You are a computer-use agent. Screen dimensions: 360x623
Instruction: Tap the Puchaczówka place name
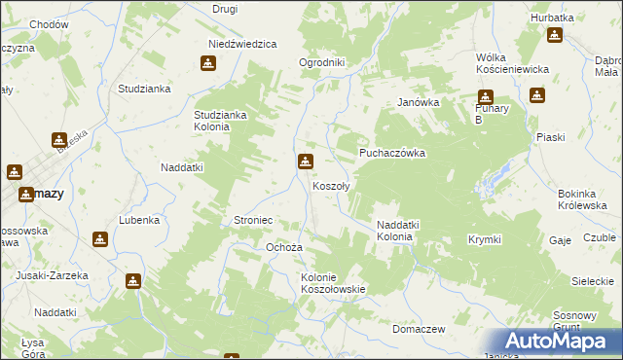click(x=392, y=153)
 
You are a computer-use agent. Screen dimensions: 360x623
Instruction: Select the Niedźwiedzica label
click(x=243, y=44)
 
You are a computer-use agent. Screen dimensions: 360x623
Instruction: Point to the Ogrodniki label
click(x=322, y=63)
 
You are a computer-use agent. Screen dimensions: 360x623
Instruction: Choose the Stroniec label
click(x=253, y=221)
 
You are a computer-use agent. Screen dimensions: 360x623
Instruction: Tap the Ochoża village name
click(x=285, y=247)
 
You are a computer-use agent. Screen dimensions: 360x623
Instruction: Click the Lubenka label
click(x=139, y=220)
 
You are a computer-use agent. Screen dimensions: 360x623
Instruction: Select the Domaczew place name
click(x=419, y=329)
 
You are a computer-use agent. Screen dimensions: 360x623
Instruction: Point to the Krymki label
click(x=484, y=238)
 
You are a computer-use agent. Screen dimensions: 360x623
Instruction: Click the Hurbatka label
click(x=553, y=18)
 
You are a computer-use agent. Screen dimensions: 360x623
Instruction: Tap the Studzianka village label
click(x=144, y=89)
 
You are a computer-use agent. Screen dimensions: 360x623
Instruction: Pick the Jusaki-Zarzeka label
click(x=52, y=275)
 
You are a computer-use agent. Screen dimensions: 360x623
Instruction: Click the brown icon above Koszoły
click(x=306, y=162)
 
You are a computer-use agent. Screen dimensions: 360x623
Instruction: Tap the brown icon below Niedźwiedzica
click(x=207, y=64)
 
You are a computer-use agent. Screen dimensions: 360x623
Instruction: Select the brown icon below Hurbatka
click(x=554, y=36)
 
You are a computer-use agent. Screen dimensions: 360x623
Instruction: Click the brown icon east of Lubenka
click(x=100, y=239)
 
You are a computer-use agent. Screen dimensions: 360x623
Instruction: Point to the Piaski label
click(x=550, y=137)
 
